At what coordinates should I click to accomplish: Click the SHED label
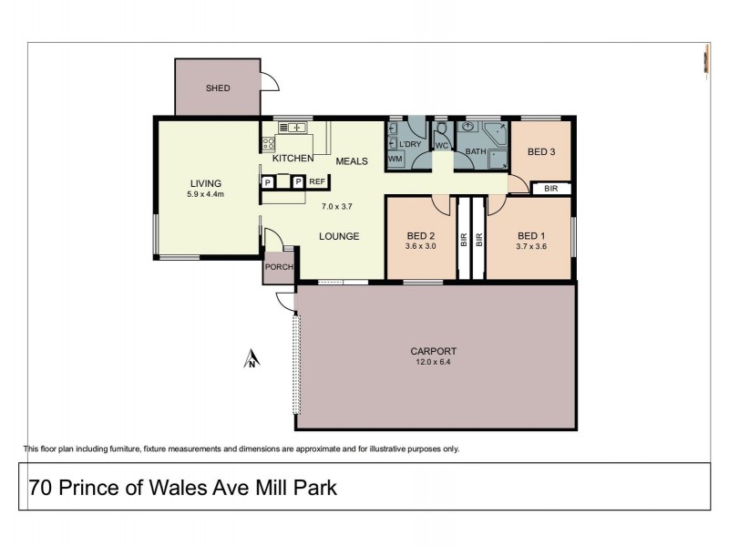(x=218, y=88)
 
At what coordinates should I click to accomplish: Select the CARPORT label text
(x=434, y=351)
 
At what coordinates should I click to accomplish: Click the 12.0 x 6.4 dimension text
(x=434, y=363)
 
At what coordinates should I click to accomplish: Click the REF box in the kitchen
(x=317, y=182)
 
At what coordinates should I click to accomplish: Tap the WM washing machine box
(x=395, y=160)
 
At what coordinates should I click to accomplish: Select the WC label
(x=441, y=146)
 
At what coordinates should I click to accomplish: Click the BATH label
(x=476, y=151)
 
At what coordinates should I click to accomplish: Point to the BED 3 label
(x=541, y=151)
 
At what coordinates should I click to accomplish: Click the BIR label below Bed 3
(x=550, y=189)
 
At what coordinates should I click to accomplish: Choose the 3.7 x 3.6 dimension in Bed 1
(x=530, y=245)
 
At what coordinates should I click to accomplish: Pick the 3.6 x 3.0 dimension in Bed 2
(x=421, y=245)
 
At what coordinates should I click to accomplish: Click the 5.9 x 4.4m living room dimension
(x=206, y=194)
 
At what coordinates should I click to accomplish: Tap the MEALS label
(x=352, y=161)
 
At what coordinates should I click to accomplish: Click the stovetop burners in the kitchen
(x=269, y=143)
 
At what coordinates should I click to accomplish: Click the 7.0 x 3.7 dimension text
(x=336, y=206)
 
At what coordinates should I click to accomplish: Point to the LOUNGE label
(x=338, y=236)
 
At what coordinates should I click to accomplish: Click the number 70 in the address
(x=39, y=488)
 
